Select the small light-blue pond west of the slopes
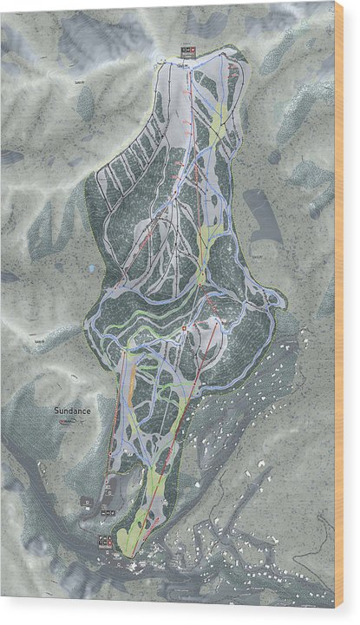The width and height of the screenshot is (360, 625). [92, 270]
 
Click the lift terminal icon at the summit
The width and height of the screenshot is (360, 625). [188, 50]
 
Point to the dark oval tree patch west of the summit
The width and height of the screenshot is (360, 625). [86, 104]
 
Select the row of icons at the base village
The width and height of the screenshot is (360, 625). [107, 542]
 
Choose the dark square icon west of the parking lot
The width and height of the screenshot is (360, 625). [87, 501]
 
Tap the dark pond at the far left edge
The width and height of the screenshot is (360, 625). [10, 277]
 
